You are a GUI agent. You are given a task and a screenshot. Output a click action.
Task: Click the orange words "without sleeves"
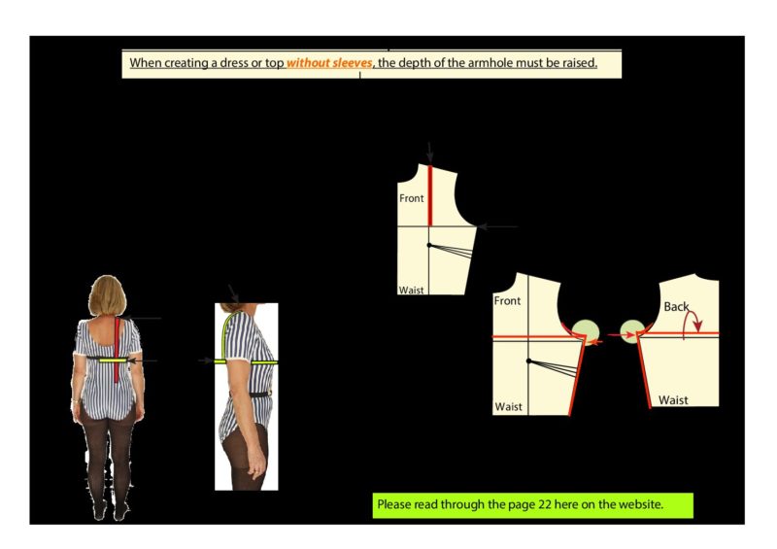(329, 63)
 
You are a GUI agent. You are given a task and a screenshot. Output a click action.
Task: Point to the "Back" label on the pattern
(676, 307)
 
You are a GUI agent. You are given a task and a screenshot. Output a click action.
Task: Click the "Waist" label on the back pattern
(673, 399)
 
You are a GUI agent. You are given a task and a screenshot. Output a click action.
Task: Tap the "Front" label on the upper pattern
(411, 198)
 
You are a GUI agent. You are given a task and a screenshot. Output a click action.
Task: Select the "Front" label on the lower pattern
(507, 300)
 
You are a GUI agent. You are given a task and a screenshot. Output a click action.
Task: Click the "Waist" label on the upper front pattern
(411, 290)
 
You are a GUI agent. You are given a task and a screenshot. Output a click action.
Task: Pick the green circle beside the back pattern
(631, 331)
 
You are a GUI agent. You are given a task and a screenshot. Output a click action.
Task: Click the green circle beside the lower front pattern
(586, 331)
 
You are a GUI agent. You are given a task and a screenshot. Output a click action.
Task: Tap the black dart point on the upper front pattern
(429, 245)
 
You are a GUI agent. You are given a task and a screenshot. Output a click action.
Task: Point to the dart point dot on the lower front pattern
(529, 361)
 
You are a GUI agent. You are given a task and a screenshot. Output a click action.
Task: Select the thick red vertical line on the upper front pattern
(430, 195)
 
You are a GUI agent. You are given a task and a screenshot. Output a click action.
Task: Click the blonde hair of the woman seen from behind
(108, 295)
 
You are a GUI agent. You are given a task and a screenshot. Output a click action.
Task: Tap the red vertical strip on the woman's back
(117, 350)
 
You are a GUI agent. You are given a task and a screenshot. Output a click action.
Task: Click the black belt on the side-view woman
(253, 395)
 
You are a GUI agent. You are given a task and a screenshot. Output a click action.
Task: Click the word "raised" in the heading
(583, 63)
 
